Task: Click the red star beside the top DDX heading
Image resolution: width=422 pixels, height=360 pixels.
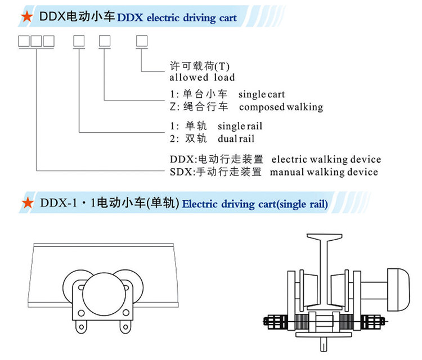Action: (25, 17)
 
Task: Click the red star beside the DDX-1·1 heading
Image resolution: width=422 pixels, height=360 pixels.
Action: (25, 202)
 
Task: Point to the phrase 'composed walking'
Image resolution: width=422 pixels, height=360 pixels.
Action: (281, 106)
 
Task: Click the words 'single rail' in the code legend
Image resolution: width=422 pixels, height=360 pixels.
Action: (240, 125)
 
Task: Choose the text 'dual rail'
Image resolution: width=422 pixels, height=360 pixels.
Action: (235, 138)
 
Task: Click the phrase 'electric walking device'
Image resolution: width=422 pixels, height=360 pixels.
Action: (326, 160)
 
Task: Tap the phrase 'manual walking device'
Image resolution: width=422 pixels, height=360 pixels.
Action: (324, 172)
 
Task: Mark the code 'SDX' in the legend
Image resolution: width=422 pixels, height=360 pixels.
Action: (179, 172)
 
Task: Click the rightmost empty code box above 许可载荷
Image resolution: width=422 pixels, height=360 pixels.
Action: (142, 40)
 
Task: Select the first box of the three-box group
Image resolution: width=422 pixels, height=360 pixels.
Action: (24, 40)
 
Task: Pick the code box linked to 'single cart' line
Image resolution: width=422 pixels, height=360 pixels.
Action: (105, 40)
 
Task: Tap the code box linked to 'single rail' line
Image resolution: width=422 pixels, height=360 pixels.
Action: (79, 40)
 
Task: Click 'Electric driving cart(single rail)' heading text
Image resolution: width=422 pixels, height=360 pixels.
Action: (255, 204)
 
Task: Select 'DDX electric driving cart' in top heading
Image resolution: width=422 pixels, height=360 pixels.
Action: (176, 17)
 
